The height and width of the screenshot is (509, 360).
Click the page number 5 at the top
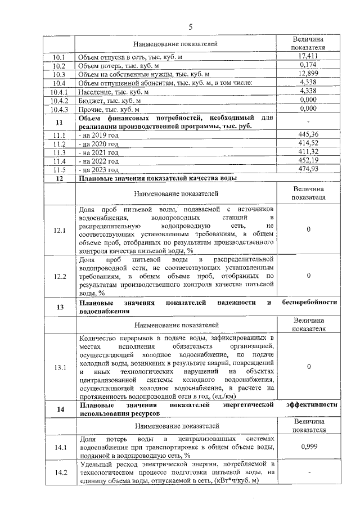coord(190,26)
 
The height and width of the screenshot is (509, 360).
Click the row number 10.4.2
coord(59,100)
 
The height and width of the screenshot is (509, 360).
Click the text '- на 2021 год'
coord(99,152)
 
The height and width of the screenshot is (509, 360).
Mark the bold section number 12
coord(59,178)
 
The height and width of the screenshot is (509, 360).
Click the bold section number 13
coord(59,307)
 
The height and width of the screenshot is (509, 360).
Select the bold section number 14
coord(59,409)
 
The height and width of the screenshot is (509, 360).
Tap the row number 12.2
coord(59,276)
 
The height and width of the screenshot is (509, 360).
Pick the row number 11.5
coord(59,169)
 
